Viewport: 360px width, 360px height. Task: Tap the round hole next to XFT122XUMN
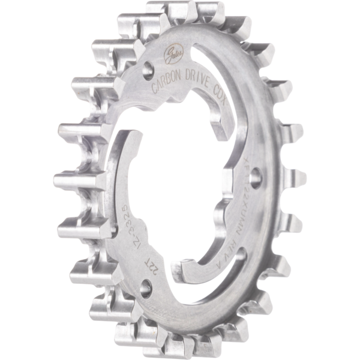[x=256, y=176]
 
